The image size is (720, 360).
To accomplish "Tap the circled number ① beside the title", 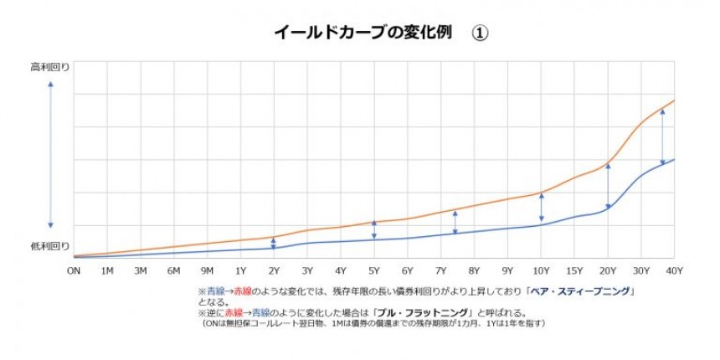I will tap(480, 33).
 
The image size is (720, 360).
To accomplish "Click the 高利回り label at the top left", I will tap(50, 66).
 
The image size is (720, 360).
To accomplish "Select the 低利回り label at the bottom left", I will tap(50, 246).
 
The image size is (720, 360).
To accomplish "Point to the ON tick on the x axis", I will tap(74, 270).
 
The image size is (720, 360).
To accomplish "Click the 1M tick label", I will tap(107, 270).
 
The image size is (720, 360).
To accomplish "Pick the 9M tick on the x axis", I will tap(207, 270).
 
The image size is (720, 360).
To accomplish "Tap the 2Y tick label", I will tap(274, 270).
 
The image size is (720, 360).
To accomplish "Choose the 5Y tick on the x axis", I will tap(374, 270).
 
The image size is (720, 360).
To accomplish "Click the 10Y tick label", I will tap(541, 270).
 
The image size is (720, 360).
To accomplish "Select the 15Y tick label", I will tap(574, 270).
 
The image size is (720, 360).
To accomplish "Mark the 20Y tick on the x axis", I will tap(608, 270).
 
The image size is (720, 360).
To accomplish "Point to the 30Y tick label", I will tap(641, 270).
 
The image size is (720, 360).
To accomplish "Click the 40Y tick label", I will tap(674, 270).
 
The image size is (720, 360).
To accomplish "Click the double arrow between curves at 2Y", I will tap(274, 244).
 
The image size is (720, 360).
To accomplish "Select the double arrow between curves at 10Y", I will tap(541, 208).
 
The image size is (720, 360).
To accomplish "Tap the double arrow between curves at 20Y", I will tap(608, 186).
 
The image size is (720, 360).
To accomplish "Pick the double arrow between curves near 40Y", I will tap(662, 136).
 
